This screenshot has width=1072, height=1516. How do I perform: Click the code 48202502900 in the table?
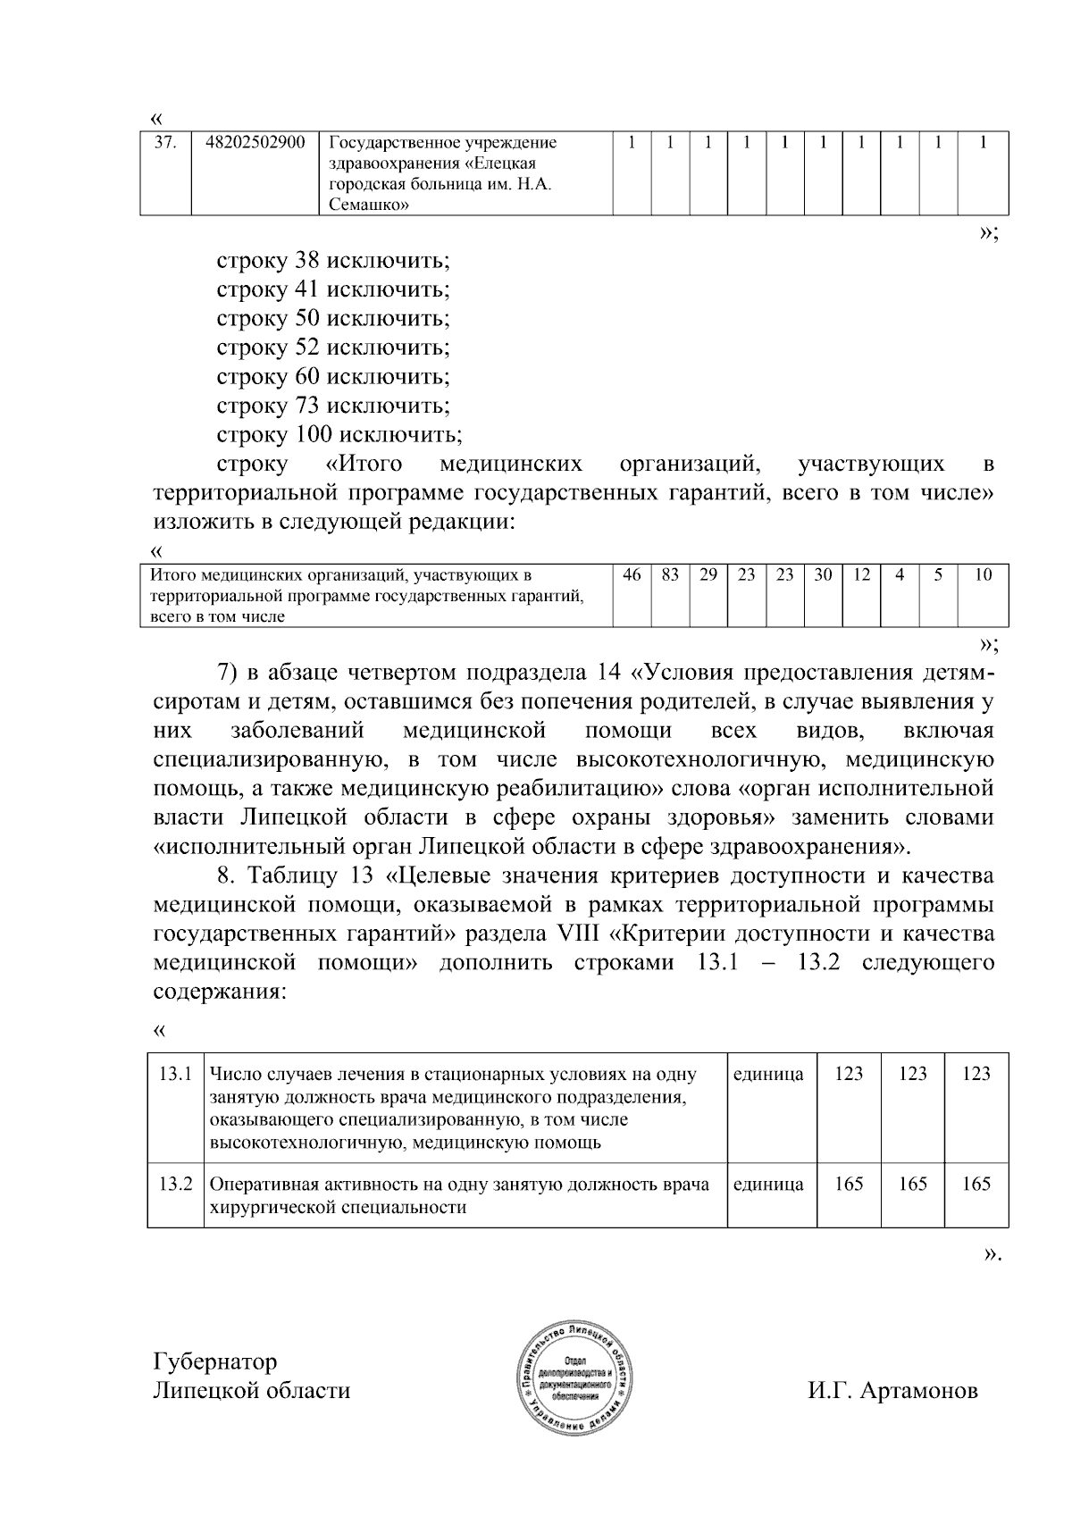(x=255, y=143)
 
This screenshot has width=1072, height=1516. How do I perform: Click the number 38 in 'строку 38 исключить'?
(x=306, y=262)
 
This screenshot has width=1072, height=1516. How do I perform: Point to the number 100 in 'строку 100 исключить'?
(x=313, y=435)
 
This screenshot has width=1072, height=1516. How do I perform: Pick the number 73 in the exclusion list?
(x=306, y=406)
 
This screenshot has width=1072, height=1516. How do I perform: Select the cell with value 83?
(x=670, y=576)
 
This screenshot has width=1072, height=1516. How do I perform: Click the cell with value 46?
(x=632, y=576)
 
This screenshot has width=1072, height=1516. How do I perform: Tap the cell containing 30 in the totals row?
(x=823, y=576)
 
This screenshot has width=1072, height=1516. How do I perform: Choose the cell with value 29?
(x=708, y=576)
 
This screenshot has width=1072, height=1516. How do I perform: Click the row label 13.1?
(x=175, y=1074)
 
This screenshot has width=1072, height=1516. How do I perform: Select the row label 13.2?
(x=175, y=1185)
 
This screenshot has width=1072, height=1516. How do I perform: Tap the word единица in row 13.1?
(x=767, y=1074)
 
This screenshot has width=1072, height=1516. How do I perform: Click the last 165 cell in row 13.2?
(x=976, y=1185)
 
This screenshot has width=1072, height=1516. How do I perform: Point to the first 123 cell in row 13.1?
(x=849, y=1074)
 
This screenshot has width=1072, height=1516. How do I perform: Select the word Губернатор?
(x=215, y=1361)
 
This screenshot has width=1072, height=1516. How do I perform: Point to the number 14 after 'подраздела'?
(x=610, y=673)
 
